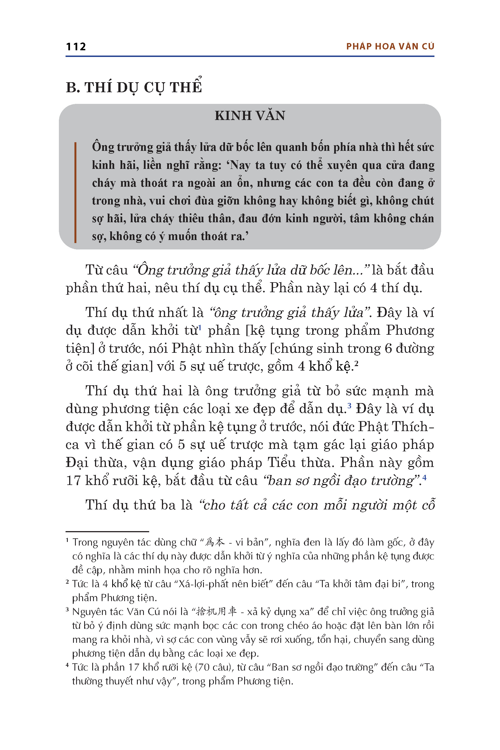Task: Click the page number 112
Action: tap(76, 47)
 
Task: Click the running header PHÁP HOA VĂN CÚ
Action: tap(390, 47)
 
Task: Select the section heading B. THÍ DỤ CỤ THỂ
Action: tap(134, 87)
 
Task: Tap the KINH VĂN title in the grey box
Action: tap(250, 116)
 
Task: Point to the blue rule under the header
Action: tap(250, 56)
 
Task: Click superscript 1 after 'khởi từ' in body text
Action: tap(200, 327)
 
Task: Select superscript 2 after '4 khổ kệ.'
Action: tap(356, 363)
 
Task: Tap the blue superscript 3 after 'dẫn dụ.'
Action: tap(349, 406)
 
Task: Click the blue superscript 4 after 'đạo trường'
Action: tap(424, 477)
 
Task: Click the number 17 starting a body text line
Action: tap(73, 481)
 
